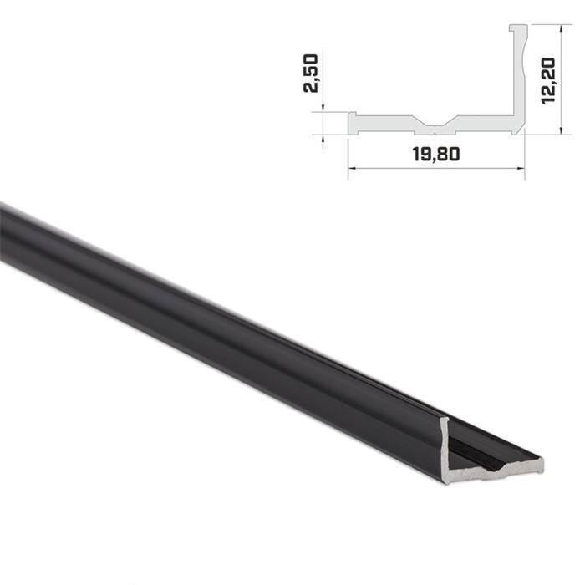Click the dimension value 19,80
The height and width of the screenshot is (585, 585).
click(435, 154)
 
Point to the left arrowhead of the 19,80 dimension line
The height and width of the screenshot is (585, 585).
click(351, 168)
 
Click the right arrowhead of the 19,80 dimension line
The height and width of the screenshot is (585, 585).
click(521, 168)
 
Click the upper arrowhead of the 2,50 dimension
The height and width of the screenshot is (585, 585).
click(323, 109)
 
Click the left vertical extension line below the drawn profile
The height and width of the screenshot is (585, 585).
click(348, 155)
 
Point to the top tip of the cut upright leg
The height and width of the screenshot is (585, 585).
click(447, 420)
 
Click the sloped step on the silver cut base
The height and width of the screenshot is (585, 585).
click(487, 475)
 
